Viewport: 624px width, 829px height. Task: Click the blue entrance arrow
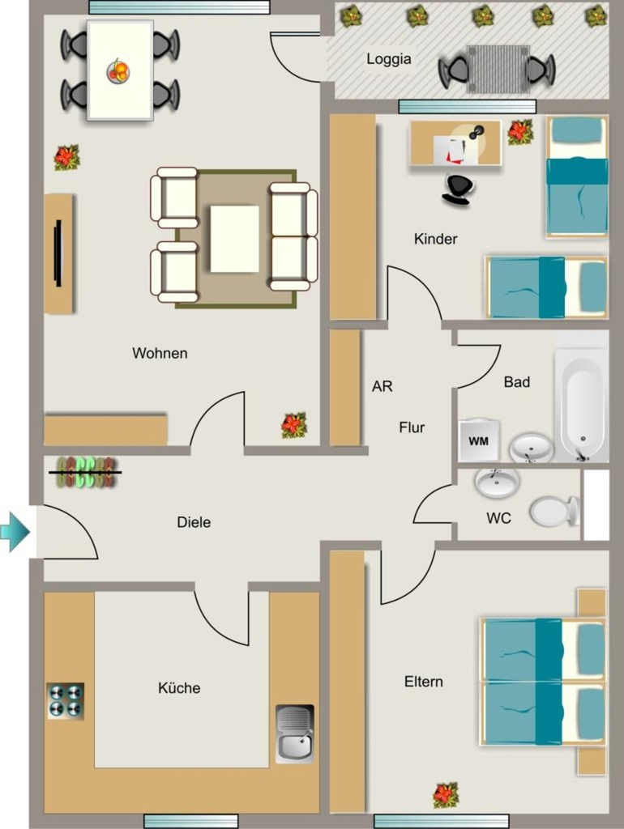15,531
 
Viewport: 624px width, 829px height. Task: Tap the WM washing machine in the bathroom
479,440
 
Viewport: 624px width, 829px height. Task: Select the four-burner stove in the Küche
66,700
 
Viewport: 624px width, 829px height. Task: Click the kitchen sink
295,733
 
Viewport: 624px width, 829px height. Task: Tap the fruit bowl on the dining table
118,71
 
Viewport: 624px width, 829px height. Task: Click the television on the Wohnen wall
58,253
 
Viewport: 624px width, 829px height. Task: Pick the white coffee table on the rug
234,239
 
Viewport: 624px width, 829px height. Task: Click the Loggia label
388,58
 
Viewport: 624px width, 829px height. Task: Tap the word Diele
194,522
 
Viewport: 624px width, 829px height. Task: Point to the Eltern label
423,682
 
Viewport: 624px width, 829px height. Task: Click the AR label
383,386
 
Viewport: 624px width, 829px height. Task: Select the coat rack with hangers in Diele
86,472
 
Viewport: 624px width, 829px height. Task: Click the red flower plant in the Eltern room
446,795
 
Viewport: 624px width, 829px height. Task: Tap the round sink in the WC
497,481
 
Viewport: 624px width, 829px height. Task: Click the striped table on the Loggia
498,69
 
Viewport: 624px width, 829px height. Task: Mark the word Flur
411,427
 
